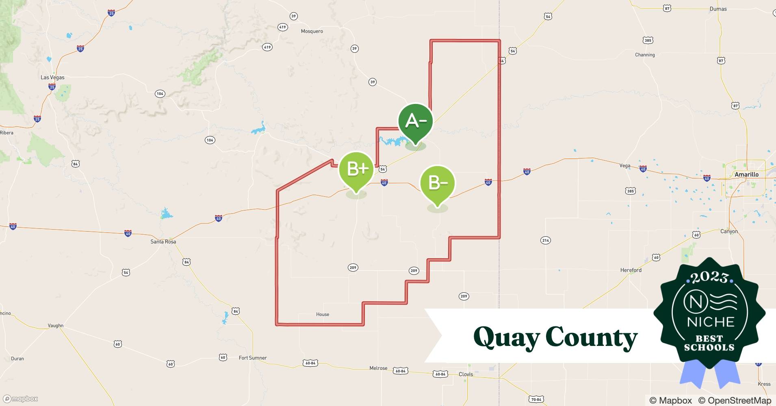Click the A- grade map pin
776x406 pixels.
[x=415, y=122]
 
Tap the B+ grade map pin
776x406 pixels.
[x=356, y=170]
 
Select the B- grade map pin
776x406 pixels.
[x=438, y=184]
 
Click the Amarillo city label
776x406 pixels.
[x=746, y=175]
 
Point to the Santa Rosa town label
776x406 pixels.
[x=163, y=242]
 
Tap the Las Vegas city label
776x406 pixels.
[x=52, y=77]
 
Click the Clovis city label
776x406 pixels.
[x=466, y=374]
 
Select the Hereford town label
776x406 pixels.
[x=631, y=270]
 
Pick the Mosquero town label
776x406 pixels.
[x=312, y=31]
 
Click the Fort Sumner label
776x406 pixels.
[x=252, y=358]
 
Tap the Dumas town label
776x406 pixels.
[x=718, y=9]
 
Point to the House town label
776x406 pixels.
[x=323, y=314]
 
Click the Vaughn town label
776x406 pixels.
[x=56, y=326]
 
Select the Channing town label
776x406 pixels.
[x=645, y=55]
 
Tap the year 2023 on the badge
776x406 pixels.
[x=709, y=277]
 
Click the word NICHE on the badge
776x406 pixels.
[x=711, y=322]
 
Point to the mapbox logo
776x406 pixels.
[x=20, y=399]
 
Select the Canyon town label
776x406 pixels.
[x=729, y=231]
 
